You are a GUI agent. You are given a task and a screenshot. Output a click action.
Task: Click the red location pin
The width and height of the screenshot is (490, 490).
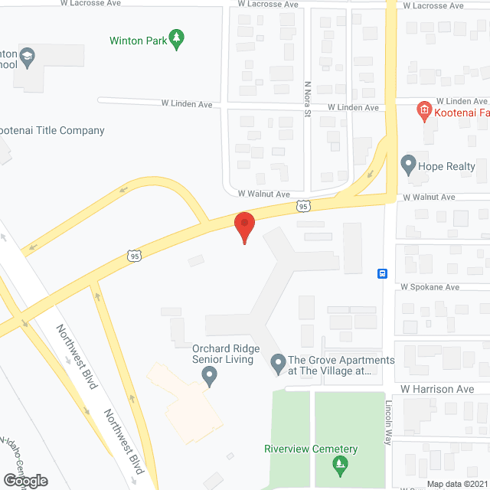[244, 226]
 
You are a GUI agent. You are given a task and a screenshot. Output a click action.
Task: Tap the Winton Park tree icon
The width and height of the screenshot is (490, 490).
[178, 39]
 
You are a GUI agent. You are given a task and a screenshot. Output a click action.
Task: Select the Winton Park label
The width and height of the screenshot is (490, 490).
[138, 40]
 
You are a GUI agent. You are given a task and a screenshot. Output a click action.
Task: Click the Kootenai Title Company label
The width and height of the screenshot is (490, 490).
[52, 130]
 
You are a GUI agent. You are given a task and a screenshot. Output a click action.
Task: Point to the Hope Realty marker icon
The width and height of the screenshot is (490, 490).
[407, 165]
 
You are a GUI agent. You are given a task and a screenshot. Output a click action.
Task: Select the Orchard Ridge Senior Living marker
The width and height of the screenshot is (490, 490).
[207, 375]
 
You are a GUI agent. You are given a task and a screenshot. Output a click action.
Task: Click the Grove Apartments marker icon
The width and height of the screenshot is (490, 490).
[277, 363]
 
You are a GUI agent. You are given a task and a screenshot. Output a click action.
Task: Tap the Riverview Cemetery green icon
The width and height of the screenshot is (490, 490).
[338, 464]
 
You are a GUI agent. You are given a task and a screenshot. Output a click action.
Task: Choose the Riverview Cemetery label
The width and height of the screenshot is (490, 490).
[311, 449]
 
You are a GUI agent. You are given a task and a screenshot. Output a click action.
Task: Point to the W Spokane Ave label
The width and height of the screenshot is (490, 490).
[429, 287]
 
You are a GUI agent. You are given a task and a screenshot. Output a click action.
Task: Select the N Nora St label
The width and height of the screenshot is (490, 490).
[308, 100]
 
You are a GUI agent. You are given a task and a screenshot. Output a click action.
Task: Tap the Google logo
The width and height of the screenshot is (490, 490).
[24, 480]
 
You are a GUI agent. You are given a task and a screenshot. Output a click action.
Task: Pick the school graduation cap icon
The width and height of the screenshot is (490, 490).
[28, 56]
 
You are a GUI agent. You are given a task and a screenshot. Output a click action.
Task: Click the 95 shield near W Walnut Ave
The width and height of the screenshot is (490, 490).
[305, 206]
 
